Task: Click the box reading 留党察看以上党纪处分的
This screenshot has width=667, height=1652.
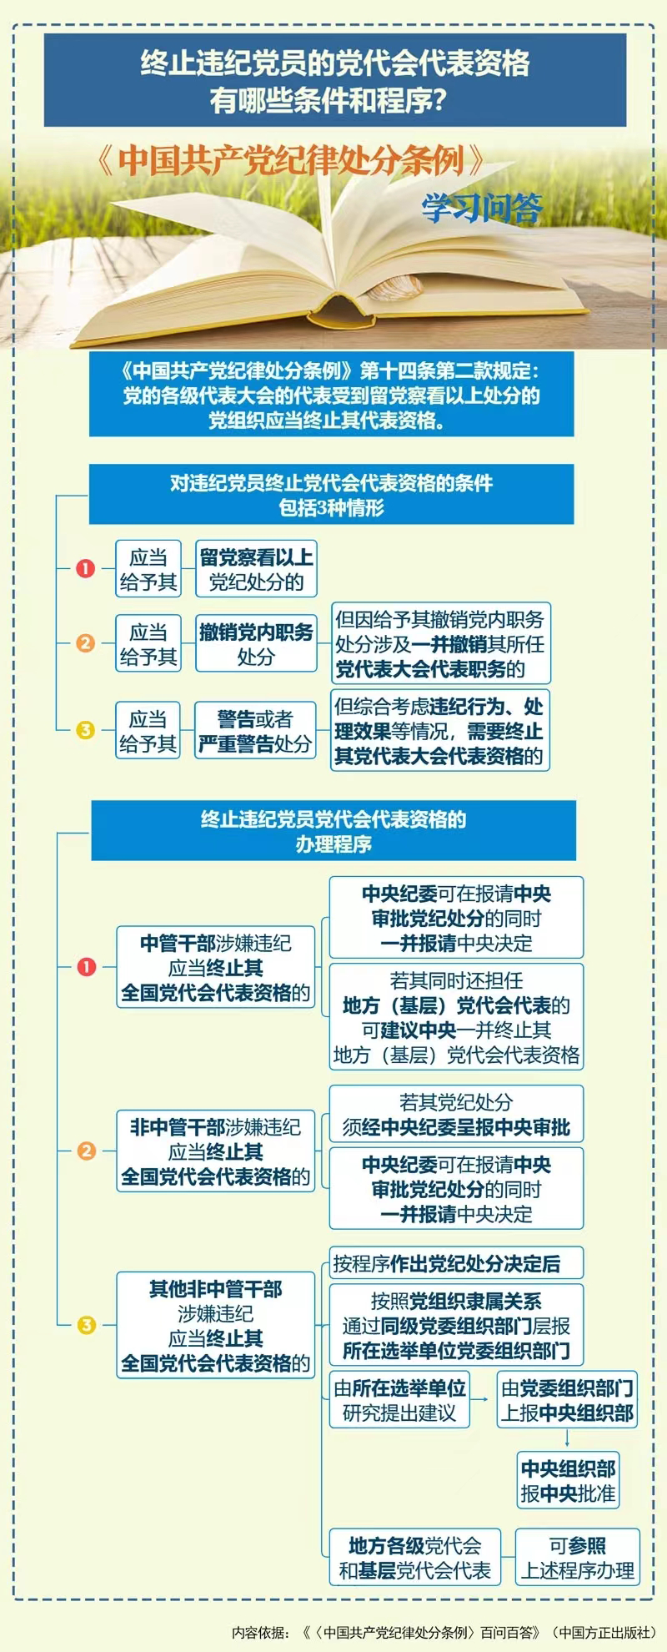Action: click(256, 569)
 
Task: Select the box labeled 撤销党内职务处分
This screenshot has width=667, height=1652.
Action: click(256, 643)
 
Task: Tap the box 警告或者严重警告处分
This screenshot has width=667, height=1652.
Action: click(255, 730)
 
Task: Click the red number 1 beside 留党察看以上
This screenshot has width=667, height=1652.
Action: click(86, 568)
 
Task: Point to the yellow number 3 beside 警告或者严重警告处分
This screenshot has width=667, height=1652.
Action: click(86, 730)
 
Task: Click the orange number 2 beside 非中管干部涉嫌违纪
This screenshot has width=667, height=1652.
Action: click(86, 1151)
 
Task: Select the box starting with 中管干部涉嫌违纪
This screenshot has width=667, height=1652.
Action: click(216, 967)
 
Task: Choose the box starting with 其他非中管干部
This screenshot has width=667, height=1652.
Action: click(216, 1325)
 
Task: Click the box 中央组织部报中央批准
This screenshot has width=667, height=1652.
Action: click(568, 1480)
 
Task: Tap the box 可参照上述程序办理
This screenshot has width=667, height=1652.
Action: click(578, 1558)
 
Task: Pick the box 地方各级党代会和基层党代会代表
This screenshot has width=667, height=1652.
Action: click(415, 1558)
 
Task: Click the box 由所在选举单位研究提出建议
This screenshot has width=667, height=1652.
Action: click(399, 1400)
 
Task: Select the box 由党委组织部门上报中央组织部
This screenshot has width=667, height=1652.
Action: click(568, 1400)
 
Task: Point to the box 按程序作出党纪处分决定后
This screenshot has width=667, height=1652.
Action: click(456, 1263)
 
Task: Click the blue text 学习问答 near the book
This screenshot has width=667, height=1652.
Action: click(482, 209)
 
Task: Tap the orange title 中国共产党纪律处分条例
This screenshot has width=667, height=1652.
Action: click(291, 160)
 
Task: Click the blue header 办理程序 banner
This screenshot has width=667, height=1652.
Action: click(333, 831)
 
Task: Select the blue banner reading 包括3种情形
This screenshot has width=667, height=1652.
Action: click(332, 495)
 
